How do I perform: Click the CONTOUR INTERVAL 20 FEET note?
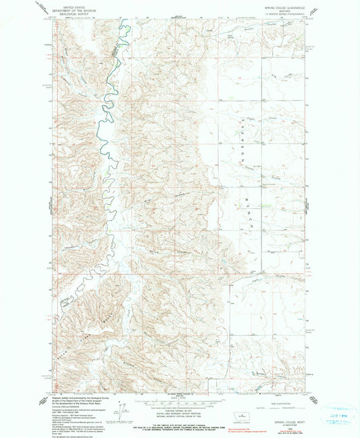point(179,416)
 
